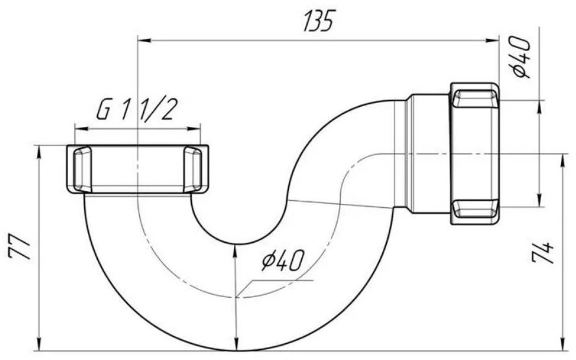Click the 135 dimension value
(318, 21)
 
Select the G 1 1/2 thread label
(135, 111)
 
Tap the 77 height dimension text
(19, 248)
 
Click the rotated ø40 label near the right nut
(522, 57)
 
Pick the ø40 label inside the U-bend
(283, 260)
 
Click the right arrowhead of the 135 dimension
(492, 40)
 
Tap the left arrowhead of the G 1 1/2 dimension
(82, 128)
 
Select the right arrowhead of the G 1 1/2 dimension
(194, 128)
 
